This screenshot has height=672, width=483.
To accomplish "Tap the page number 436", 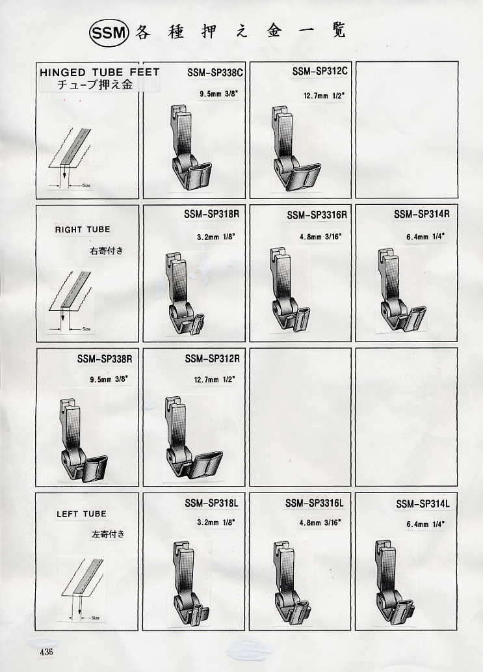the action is tap(46, 652).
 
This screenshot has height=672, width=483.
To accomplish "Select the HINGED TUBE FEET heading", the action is tap(99, 72).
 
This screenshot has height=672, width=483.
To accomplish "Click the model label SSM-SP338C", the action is tap(215, 73).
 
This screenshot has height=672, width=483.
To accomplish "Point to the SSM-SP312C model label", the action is tap(320, 71).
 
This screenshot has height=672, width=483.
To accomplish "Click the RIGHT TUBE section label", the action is tap(83, 230).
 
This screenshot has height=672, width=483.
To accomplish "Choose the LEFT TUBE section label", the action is tap(81, 514).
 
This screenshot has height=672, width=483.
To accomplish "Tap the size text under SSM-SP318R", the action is tap(216, 237).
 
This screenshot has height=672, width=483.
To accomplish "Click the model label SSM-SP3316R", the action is tap(317, 215).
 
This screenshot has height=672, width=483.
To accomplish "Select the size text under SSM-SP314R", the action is tap(426, 236).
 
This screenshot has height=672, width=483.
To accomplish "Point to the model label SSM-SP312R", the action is tap(213, 358).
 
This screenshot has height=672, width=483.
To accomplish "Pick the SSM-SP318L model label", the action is tap(211, 503).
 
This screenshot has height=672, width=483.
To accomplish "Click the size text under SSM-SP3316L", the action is tap(320, 523).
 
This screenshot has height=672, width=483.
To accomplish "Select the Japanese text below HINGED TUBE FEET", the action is tap(95, 85).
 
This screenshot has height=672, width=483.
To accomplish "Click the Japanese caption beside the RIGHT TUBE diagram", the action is tap(106, 250).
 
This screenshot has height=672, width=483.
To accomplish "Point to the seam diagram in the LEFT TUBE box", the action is tap(82, 589).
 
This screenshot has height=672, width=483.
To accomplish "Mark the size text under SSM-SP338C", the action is tap(218, 94).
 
